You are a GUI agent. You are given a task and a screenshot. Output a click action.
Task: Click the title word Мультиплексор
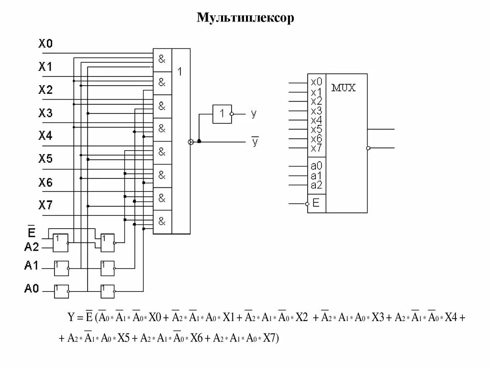click(245, 18)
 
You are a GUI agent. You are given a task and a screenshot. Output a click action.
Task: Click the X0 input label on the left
click(45, 44)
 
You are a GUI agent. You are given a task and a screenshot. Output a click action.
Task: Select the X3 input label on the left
click(45, 113)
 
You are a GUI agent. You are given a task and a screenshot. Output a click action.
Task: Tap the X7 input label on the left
click(45, 205)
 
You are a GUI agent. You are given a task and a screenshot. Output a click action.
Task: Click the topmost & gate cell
click(162, 59)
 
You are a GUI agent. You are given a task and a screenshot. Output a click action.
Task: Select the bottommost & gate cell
click(162, 222)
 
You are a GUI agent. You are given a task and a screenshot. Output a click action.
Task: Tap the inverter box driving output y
click(222, 114)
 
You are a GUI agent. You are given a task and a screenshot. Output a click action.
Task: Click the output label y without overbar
click(254, 113)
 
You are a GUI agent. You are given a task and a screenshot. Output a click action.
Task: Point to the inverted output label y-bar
click(255, 142)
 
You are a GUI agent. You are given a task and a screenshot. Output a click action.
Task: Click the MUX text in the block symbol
click(344, 89)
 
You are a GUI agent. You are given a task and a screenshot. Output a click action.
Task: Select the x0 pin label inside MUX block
click(316, 82)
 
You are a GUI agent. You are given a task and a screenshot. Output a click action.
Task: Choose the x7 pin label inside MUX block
click(316, 148)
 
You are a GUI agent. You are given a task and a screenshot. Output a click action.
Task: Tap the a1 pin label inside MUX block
click(316, 176)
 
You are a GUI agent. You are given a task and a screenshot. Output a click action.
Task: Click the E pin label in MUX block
click(316, 203)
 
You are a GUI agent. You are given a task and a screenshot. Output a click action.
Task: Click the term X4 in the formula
click(451, 317)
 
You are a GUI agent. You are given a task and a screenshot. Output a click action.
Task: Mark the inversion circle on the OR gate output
click(190, 142)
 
